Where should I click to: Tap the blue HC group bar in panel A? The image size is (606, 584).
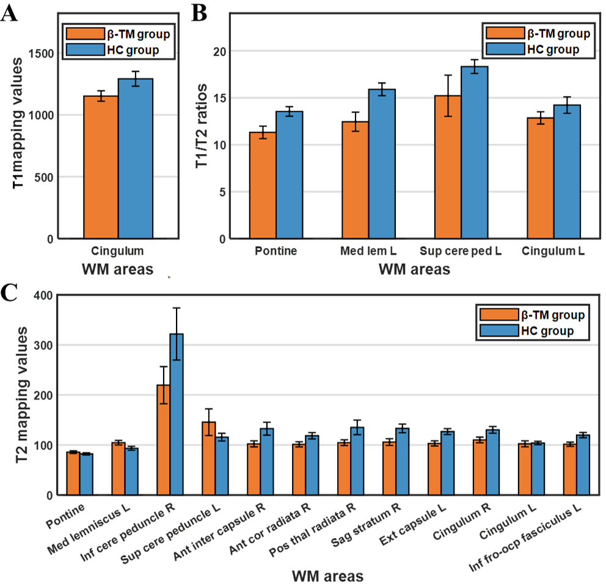click(135, 159)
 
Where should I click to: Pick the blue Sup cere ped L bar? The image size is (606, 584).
click(475, 152)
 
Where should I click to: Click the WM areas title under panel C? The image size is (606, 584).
click(327, 575)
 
